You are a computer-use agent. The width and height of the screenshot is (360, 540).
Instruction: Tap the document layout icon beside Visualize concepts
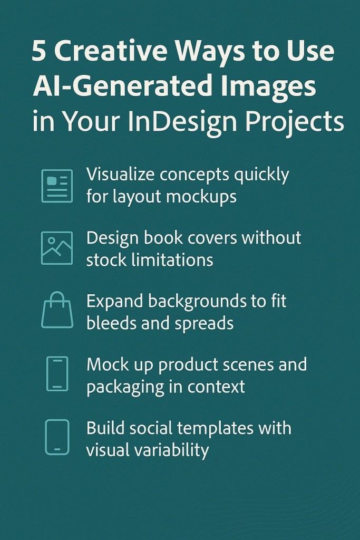[57, 186]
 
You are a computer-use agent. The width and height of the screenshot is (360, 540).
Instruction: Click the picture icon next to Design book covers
[57, 248]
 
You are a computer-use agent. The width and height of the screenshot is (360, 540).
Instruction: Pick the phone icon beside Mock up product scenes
[57, 374]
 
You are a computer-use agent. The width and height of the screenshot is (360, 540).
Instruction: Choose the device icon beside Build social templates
[57, 437]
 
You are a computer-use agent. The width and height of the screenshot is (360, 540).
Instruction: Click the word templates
[211, 428]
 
